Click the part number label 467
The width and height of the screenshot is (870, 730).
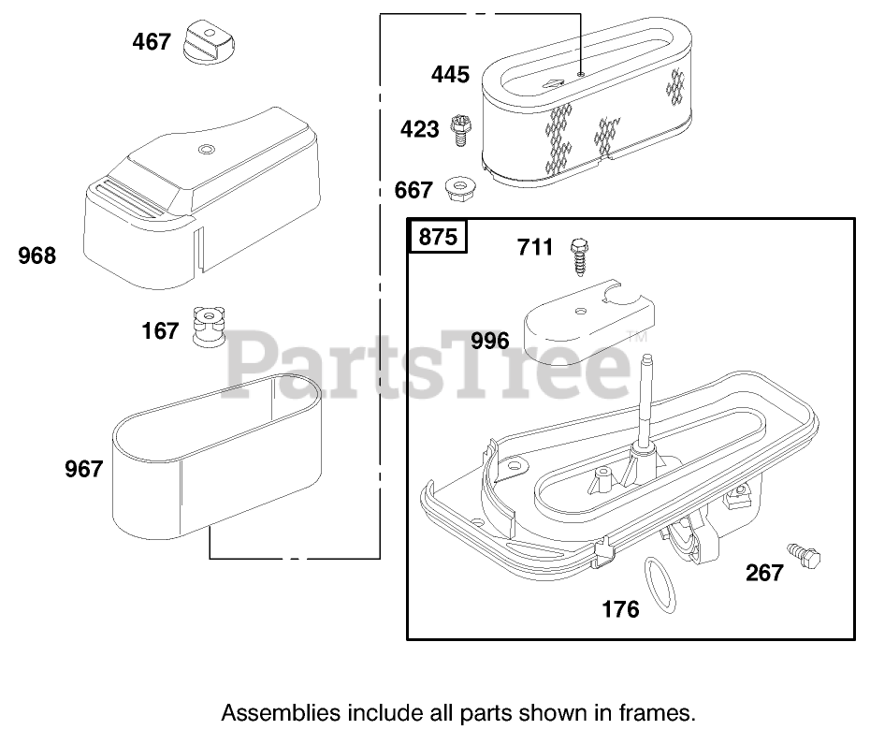(x=152, y=41)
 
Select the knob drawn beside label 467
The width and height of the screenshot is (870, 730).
(x=209, y=41)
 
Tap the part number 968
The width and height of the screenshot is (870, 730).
(x=37, y=255)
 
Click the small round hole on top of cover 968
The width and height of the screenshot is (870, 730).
(x=207, y=150)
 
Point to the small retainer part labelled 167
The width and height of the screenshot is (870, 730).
(x=209, y=328)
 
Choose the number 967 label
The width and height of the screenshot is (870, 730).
(x=84, y=469)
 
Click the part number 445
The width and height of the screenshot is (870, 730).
(x=451, y=74)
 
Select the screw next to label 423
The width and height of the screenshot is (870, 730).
(x=459, y=130)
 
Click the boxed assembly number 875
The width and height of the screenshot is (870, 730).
(x=438, y=237)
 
